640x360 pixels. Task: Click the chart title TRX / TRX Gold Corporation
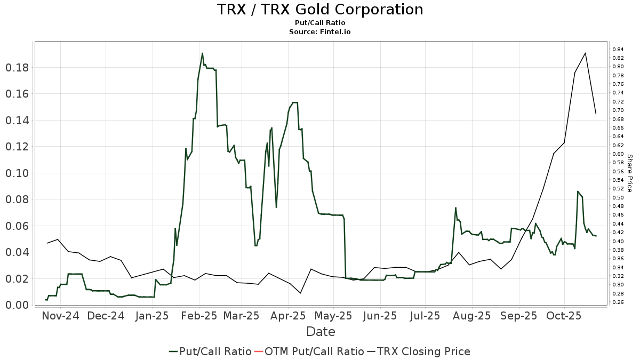tap(320, 10)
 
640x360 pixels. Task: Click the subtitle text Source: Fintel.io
tap(320, 32)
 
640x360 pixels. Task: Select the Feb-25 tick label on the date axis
tap(199, 316)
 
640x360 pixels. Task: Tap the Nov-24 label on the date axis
tap(60, 316)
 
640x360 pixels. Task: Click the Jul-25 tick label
tap(425, 316)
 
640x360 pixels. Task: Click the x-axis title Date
tap(321, 332)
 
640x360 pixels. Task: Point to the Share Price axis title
tap(629, 173)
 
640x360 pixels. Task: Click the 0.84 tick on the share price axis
tap(618, 49)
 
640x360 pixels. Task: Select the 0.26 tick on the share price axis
tap(618, 302)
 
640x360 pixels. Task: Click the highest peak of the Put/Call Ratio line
tap(202, 53)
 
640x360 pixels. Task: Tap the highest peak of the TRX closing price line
tap(586, 53)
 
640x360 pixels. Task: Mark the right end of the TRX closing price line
tap(596, 114)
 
